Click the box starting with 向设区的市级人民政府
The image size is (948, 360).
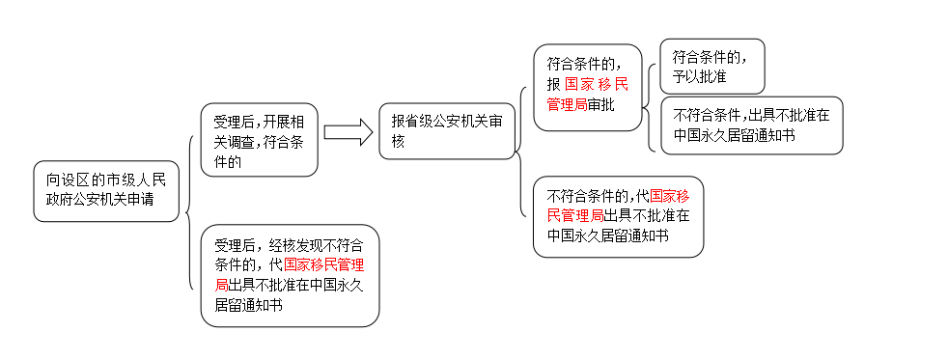click(106, 191)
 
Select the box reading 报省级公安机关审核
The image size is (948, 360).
click(447, 132)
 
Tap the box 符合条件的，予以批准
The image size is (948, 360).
click(711, 66)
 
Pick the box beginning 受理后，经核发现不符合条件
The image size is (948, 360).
click(290, 275)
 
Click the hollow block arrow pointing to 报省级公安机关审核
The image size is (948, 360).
click(348, 133)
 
